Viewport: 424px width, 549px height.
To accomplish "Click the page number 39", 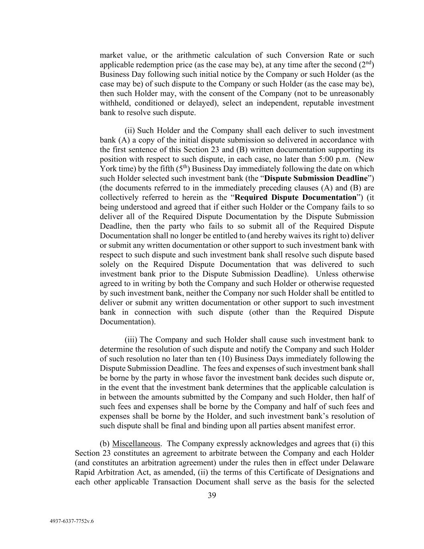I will coord(212,495).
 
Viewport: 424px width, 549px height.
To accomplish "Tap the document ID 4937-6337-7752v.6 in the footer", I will coord(72,521).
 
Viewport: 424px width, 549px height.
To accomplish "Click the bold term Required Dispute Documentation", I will coord(295,197).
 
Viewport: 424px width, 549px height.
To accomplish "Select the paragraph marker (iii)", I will coord(131,339).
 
